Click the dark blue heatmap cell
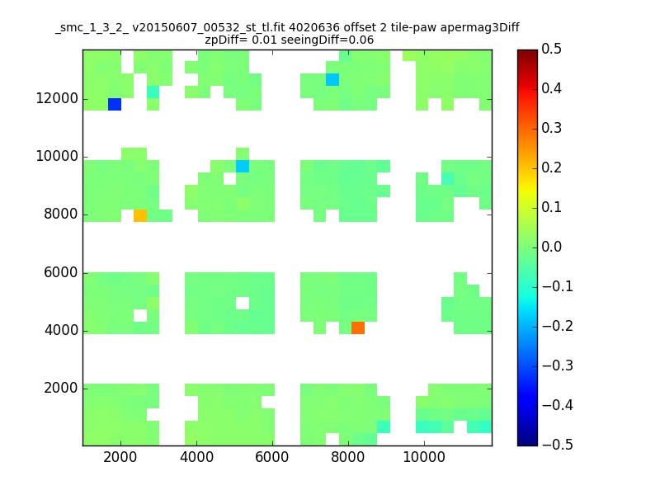pyautogui.click(x=115, y=105)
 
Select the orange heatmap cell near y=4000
pyautogui.click(x=358, y=328)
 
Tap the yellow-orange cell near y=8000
pyautogui.click(x=140, y=215)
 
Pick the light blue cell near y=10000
pyautogui.click(x=243, y=167)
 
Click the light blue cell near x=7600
pyautogui.click(x=332, y=79)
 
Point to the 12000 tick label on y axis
pyautogui.click(x=57, y=98)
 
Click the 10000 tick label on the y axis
pyautogui.click(x=57, y=156)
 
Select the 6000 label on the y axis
pyautogui.click(x=61, y=272)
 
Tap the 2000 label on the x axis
pyautogui.click(x=120, y=457)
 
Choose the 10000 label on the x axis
pyautogui.click(x=424, y=457)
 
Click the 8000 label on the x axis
pyautogui.click(x=347, y=457)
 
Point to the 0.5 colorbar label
pyautogui.click(x=551, y=49)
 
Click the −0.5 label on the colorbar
pyautogui.click(x=558, y=445)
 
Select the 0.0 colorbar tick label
pyautogui.click(x=551, y=247)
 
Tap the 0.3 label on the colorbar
pyautogui.click(x=551, y=128)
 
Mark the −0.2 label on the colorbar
pyautogui.click(x=558, y=326)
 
